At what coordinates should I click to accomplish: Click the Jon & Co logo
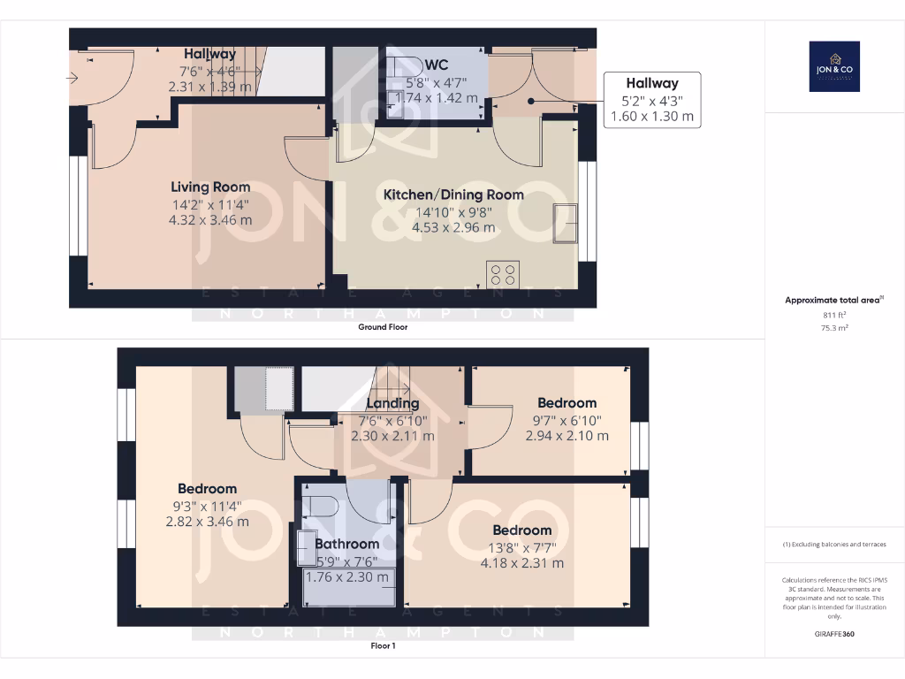click(x=834, y=66)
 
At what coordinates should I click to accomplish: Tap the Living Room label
click(x=210, y=187)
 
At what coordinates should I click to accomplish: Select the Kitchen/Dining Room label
click(x=452, y=195)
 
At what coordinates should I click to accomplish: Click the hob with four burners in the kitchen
click(x=504, y=274)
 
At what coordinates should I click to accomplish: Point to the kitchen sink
click(x=563, y=223)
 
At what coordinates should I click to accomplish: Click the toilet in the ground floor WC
click(x=407, y=66)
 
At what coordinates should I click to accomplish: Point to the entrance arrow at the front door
click(x=72, y=79)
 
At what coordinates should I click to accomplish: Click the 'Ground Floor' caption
click(x=383, y=327)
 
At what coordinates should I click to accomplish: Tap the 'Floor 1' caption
click(x=383, y=646)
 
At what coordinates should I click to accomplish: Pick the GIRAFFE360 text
click(x=835, y=634)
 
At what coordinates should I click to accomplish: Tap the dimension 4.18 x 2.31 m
click(x=521, y=563)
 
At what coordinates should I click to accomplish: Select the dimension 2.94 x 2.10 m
click(x=567, y=436)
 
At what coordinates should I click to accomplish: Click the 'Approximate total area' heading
click(x=833, y=301)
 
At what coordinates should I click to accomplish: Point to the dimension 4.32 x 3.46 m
click(x=210, y=220)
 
